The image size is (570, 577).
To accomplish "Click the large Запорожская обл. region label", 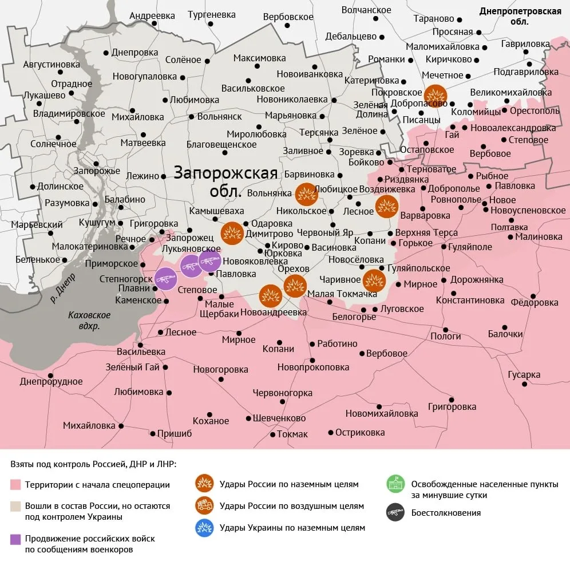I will click(225, 181).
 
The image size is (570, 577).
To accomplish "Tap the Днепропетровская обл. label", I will click(520, 16).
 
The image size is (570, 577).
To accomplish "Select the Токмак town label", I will click(292, 434).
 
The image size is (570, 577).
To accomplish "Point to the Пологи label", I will click(445, 336).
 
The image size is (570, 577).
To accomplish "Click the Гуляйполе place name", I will click(470, 247).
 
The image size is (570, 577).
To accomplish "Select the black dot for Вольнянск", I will click(192, 116).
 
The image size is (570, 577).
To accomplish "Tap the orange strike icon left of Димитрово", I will click(232, 233).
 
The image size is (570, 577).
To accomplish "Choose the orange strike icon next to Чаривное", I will click(374, 280).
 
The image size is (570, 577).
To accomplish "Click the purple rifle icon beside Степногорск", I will click(166, 279).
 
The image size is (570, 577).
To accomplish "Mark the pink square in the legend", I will click(15, 485).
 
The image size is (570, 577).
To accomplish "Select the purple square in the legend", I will click(15, 539).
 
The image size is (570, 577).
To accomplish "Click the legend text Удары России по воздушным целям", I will click(291, 506).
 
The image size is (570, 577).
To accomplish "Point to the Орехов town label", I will click(293, 269).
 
